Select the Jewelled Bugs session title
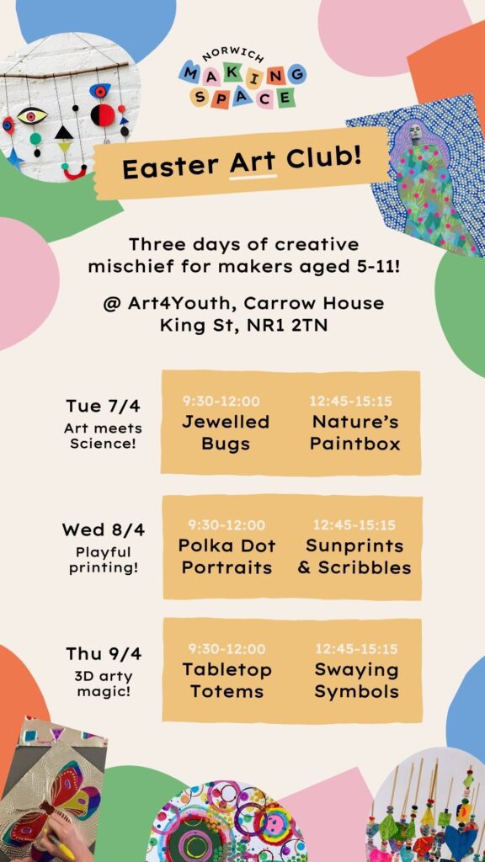coord(226,433)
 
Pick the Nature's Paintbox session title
coord(354,433)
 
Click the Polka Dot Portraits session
coord(227,556)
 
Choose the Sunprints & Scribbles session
coord(354,556)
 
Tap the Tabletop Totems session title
coord(227,680)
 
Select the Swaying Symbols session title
coord(356,680)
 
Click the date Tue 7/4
coord(103,407)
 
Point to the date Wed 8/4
coord(103,530)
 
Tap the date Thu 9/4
coord(104,653)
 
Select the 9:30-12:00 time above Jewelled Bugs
coord(221,402)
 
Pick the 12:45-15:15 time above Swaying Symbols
coord(356,649)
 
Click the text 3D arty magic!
coord(104,684)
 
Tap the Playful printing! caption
coord(104,560)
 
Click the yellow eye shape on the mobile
coord(32,114)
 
